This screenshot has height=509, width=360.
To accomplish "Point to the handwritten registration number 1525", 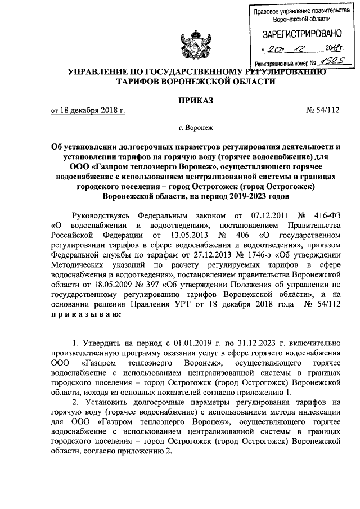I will tap(330, 64).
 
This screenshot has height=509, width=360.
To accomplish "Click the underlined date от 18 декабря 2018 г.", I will tap(87, 111).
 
